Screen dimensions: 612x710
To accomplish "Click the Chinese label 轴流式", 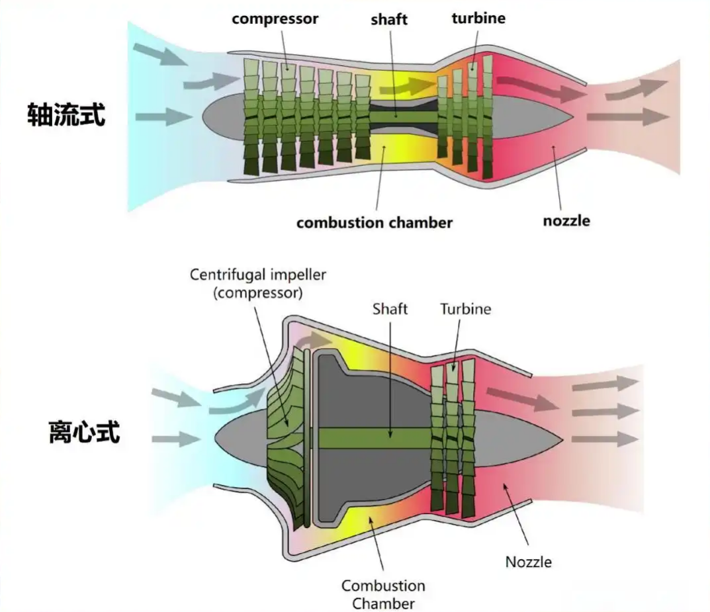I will coord(66,114).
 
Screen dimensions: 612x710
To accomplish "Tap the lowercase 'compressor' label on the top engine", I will coord(275,19).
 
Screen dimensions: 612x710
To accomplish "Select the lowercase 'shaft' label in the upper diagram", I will coord(389,19).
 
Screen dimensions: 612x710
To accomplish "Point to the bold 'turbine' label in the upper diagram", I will coord(478,18).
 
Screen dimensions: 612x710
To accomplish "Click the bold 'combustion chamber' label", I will coord(374,222).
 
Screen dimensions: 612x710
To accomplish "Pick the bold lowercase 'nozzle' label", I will coord(566,220).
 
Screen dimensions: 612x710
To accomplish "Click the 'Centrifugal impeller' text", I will coord(258,274).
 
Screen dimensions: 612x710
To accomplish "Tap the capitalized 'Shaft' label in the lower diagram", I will coord(390,309).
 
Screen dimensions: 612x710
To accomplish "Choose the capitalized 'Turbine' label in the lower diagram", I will coord(465,309).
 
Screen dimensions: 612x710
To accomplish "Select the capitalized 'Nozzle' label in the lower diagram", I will coord(528,562).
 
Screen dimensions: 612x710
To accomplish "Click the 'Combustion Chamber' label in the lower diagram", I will coord(383,594).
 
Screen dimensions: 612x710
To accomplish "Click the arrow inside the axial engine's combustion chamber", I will coord(411,85).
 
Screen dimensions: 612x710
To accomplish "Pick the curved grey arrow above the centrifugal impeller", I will coord(311,340).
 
